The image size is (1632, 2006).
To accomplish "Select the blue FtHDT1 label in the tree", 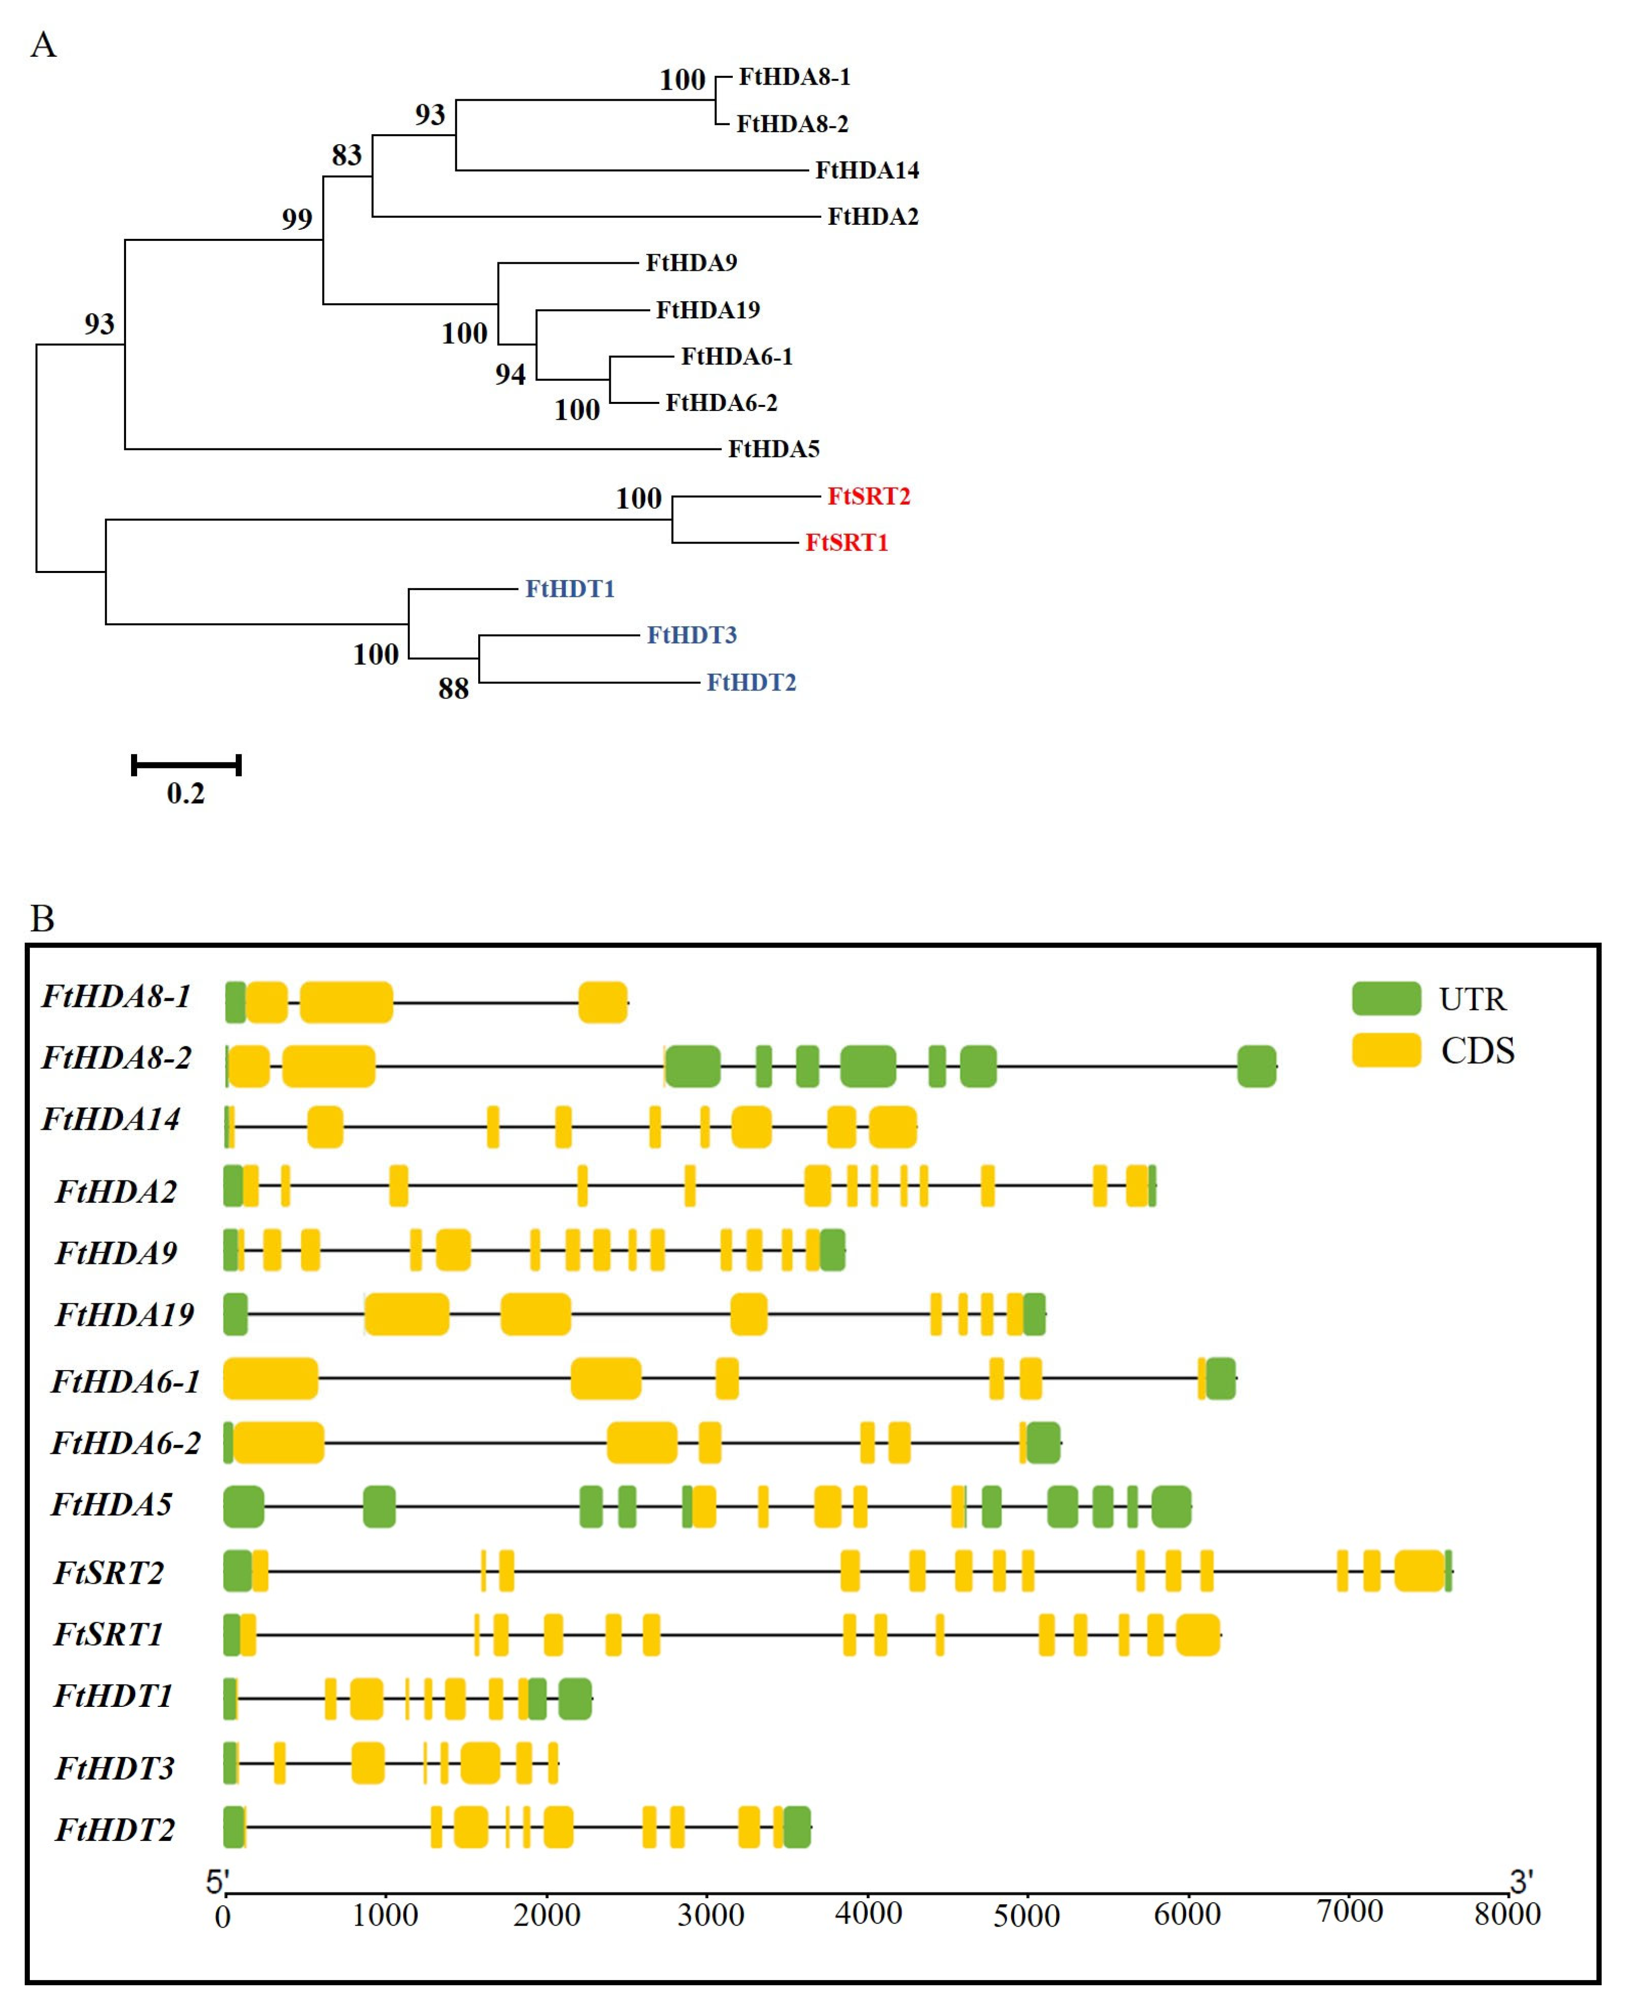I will [570, 589].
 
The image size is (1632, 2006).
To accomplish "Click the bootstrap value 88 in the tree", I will [453, 688].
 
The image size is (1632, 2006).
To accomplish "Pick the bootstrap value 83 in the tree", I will [346, 154].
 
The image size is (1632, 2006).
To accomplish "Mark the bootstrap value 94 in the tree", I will [511, 374].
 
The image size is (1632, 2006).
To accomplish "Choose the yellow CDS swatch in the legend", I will [1386, 1050].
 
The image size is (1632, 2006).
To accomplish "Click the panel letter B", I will [43, 918].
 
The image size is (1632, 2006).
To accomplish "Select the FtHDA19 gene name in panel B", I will [124, 1314].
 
